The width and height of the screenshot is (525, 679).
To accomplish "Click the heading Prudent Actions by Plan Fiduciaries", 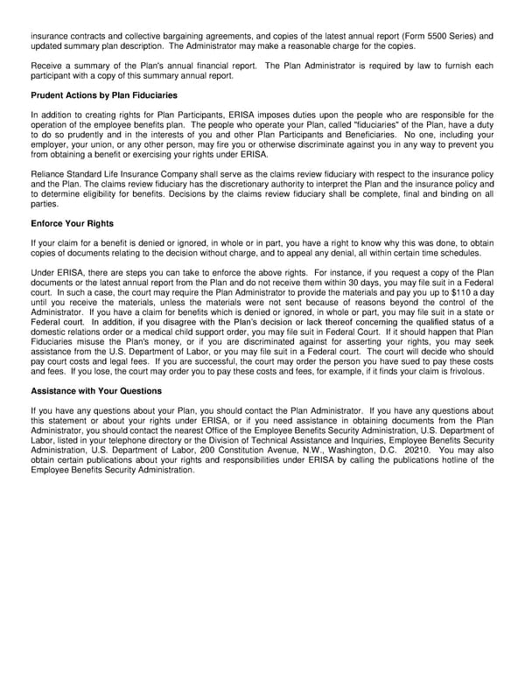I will coord(103,94).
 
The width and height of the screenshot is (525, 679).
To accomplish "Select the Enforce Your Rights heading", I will coord(72,223).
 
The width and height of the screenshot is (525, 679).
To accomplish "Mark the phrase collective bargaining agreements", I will coord(169,36).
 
